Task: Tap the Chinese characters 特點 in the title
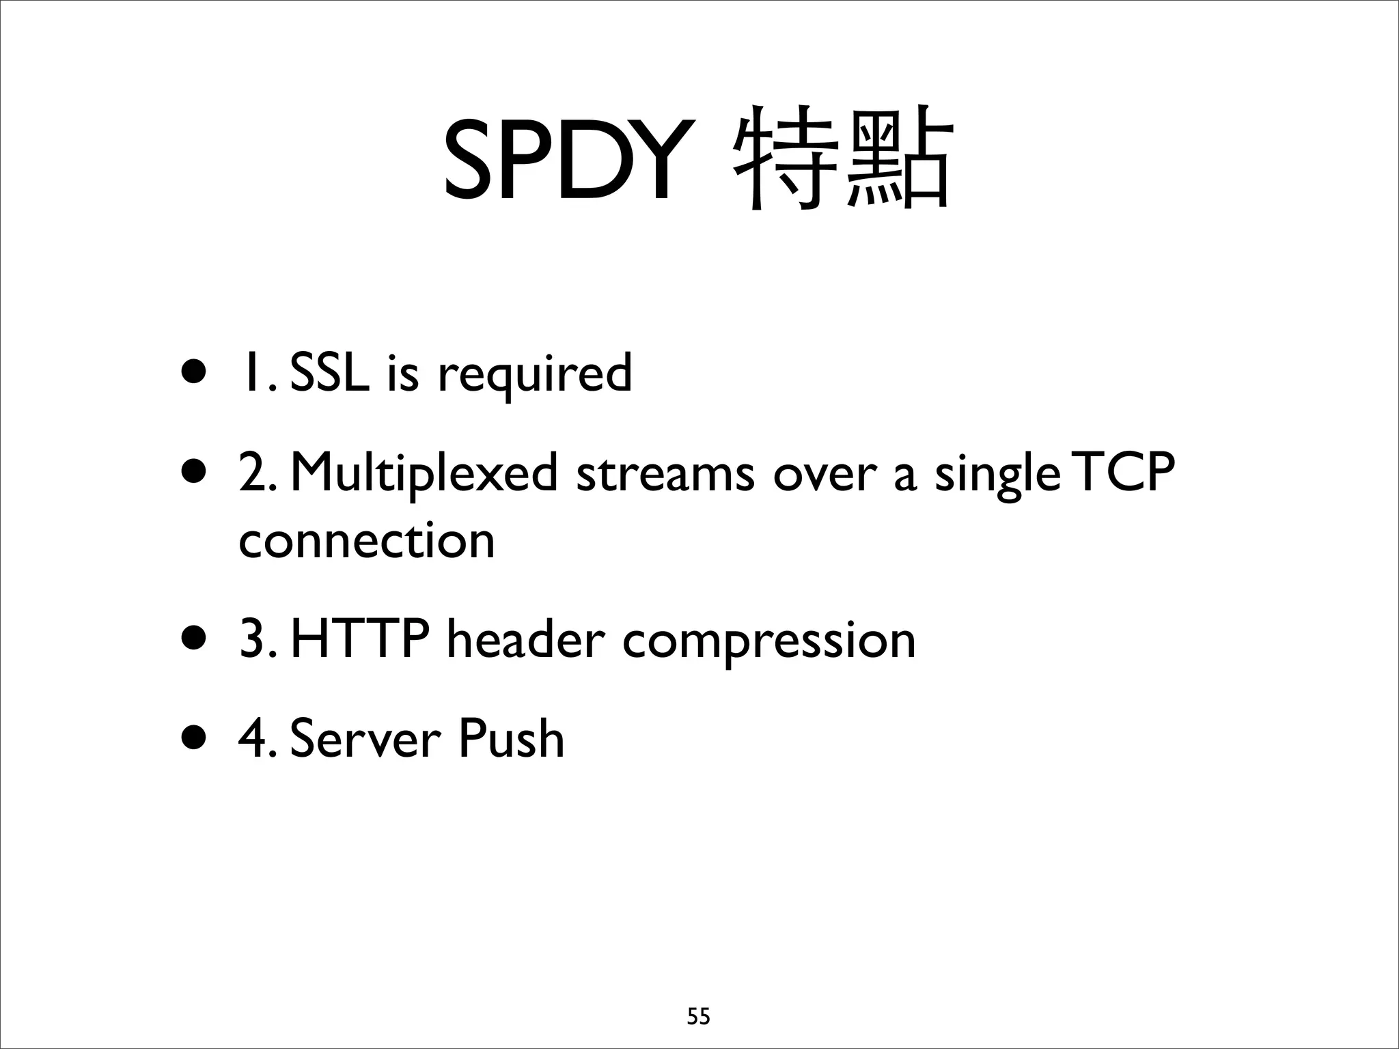(842, 158)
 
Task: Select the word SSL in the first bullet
(329, 374)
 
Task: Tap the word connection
(367, 541)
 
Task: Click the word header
(525, 641)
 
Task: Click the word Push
(511, 739)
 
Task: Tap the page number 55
(698, 1017)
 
